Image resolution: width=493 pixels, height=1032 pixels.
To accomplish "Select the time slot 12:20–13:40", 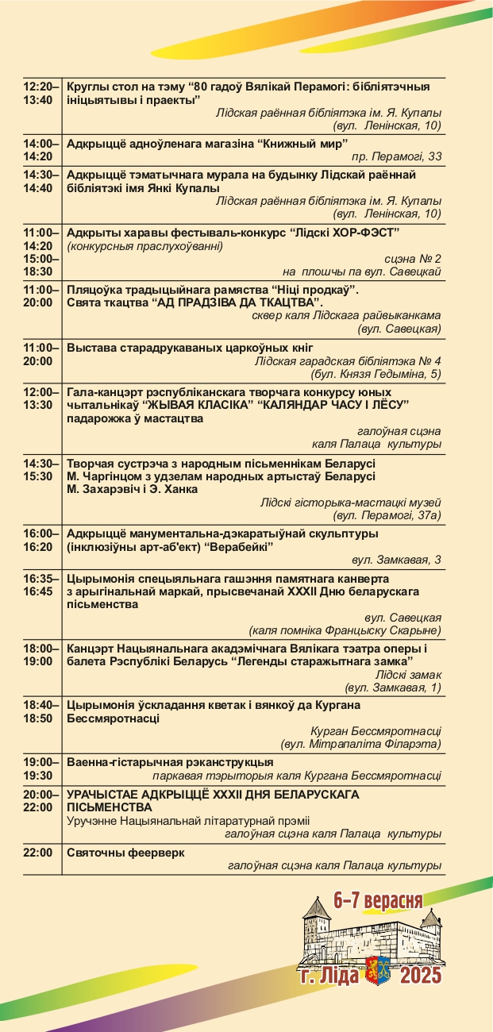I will pyautogui.click(x=41, y=93).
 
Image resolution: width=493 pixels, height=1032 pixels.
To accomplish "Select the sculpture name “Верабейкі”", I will pyautogui.click(x=238, y=547).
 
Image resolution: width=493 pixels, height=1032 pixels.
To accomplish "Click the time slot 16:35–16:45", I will pyautogui.click(x=41, y=584).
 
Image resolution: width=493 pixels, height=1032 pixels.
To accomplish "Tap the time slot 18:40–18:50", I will pyautogui.click(x=41, y=711).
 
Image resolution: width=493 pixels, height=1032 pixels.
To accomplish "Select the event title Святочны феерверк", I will pyautogui.click(x=125, y=853).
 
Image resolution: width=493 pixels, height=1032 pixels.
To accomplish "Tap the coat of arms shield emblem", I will pyautogui.click(x=376, y=969).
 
